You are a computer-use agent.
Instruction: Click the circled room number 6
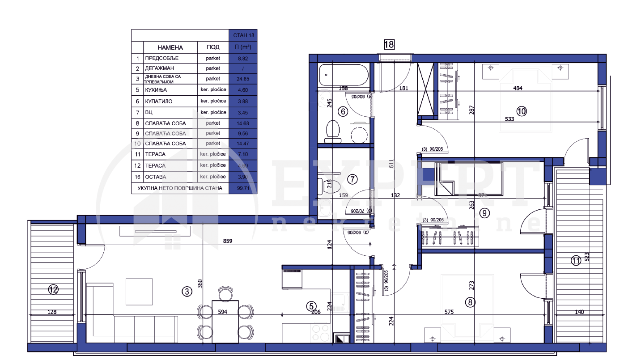tap(343, 112)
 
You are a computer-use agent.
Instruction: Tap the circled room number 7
tap(352, 180)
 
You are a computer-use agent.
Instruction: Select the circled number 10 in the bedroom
tap(522, 111)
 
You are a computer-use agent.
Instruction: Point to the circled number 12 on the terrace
tap(53, 290)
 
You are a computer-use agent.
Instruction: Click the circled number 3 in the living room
tap(187, 292)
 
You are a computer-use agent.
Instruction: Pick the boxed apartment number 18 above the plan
tap(389, 44)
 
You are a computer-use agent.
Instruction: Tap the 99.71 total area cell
tap(242, 188)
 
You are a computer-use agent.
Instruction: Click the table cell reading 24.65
tap(242, 79)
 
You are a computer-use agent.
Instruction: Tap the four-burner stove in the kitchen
tap(320, 333)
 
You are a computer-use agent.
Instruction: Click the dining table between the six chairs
tap(225, 321)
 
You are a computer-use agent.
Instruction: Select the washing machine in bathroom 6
tap(360, 133)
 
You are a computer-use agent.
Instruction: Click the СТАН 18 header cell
tap(242, 35)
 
